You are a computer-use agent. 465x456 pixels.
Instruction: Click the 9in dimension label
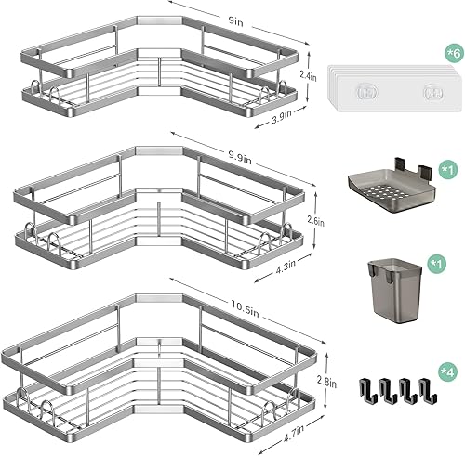click(x=239, y=19)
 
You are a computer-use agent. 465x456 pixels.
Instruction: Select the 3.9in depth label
click(x=271, y=117)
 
